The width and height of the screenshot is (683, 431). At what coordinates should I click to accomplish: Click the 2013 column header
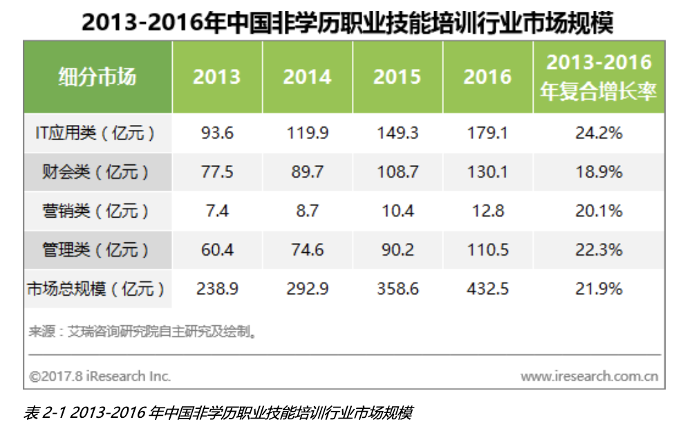pyautogui.click(x=216, y=77)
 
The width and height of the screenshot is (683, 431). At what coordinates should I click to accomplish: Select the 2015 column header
pyautogui.click(x=397, y=77)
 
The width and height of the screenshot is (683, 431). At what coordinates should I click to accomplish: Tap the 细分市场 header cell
pyautogui.click(x=97, y=77)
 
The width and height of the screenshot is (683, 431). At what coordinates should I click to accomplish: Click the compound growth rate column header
pyautogui.click(x=599, y=77)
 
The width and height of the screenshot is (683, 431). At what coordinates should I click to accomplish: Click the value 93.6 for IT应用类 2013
pyautogui.click(x=216, y=133)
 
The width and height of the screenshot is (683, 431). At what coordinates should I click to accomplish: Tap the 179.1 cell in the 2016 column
pyautogui.click(x=487, y=133)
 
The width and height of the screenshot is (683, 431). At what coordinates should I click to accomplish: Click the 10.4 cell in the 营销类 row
pyautogui.click(x=397, y=211)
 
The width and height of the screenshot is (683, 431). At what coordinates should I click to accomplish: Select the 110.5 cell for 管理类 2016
pyautogui.click(x=487, y=249)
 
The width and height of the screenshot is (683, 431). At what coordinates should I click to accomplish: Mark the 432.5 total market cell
pyautogui.click(x=487, y=289)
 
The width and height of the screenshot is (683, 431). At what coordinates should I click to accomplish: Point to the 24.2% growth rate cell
pyautogui.click(x=599, y=133)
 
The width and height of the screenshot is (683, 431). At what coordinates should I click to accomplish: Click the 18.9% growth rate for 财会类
pyautogui.click(x=599, y=172)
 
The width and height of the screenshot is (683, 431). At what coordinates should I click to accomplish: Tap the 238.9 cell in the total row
pyautogui.click(x=216, y=289)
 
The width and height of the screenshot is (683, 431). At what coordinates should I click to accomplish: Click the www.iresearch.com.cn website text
pyautogui.click(x=589, y=376)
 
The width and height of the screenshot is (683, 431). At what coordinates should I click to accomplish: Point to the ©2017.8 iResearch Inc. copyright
pyautogui.click(x=100, y=376)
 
